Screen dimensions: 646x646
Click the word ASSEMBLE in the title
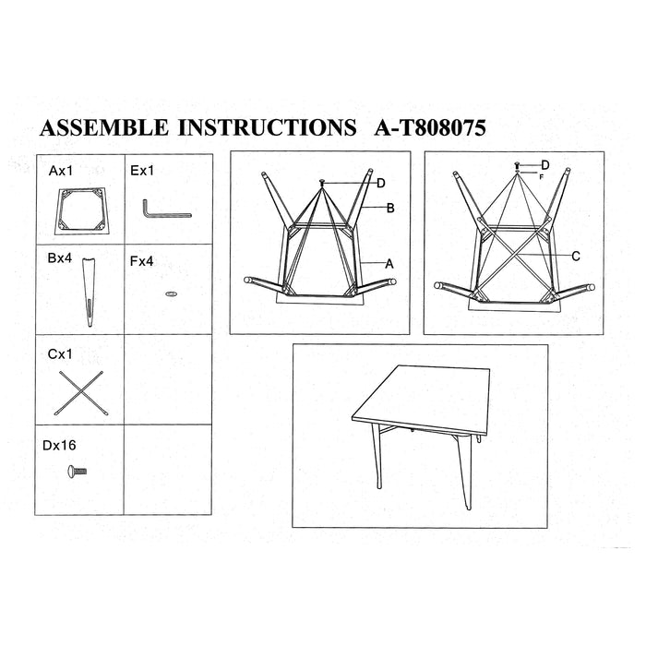coord(104,127)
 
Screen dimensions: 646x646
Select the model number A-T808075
coord(430,127)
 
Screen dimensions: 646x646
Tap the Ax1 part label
coord(61,171)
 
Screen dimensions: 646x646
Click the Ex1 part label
coord(142,171)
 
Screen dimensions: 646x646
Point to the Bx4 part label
coord(60,258)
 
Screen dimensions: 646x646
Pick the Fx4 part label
coord(141,261)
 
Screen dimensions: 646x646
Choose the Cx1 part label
coord(60,353)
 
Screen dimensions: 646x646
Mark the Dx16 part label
coord(59,446)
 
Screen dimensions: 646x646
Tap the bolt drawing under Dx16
coord(77,471)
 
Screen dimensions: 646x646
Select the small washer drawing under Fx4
coord(171,294)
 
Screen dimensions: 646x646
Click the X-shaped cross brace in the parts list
coord(81,393)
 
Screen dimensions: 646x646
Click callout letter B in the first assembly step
coord(390,209)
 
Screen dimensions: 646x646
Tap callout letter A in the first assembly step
coord(389,264)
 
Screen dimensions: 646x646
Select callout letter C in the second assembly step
coord(576,257)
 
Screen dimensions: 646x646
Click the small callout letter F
coord(542,177)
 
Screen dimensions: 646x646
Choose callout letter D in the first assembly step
coord(381,184)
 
